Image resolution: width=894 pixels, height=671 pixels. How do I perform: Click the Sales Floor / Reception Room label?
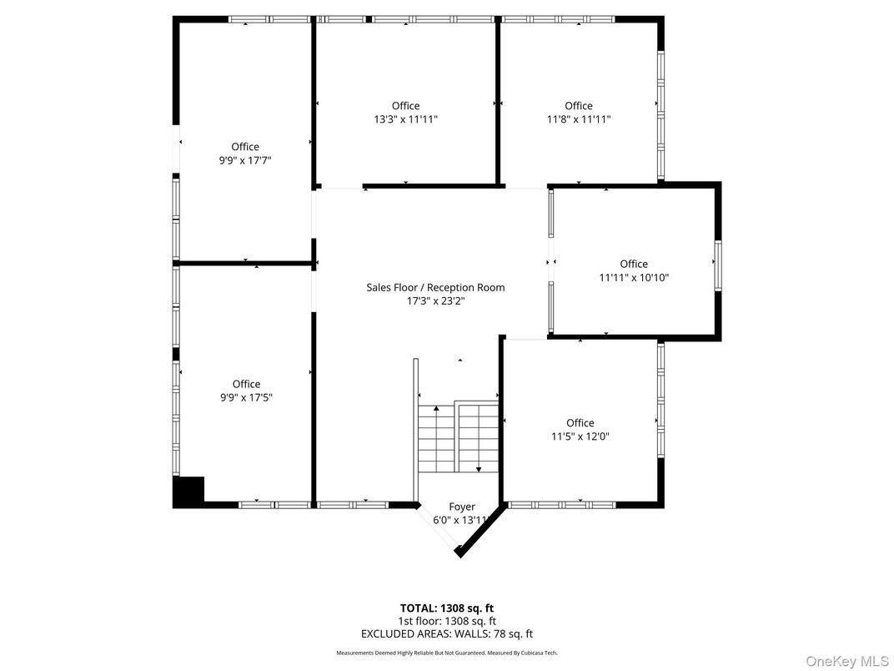435,287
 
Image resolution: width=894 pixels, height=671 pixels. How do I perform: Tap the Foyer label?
462,507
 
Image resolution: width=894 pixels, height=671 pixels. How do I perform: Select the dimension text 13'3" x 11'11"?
405,119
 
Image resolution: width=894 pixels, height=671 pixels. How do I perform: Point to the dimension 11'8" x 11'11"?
579,119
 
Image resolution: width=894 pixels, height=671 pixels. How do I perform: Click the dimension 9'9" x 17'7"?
245,160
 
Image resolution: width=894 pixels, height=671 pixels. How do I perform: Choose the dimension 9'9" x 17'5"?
246,397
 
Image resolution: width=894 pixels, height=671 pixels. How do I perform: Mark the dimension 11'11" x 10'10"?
634,277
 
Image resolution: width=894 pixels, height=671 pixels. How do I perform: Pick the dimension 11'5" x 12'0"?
580,436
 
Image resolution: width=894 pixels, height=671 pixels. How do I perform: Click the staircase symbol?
457,437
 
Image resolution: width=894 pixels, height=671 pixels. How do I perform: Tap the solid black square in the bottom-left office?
188,491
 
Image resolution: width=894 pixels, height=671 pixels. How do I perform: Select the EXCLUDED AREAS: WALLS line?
447,634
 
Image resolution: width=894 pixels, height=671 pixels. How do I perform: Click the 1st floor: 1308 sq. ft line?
447,621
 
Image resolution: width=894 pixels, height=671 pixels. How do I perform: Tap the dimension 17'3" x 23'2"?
435,300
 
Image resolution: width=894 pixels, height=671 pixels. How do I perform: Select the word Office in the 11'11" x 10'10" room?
634,264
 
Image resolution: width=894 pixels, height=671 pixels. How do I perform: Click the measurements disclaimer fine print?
447,653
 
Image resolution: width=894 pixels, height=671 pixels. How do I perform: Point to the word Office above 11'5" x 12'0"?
580,422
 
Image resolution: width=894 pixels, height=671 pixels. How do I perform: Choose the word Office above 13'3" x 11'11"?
405,106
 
